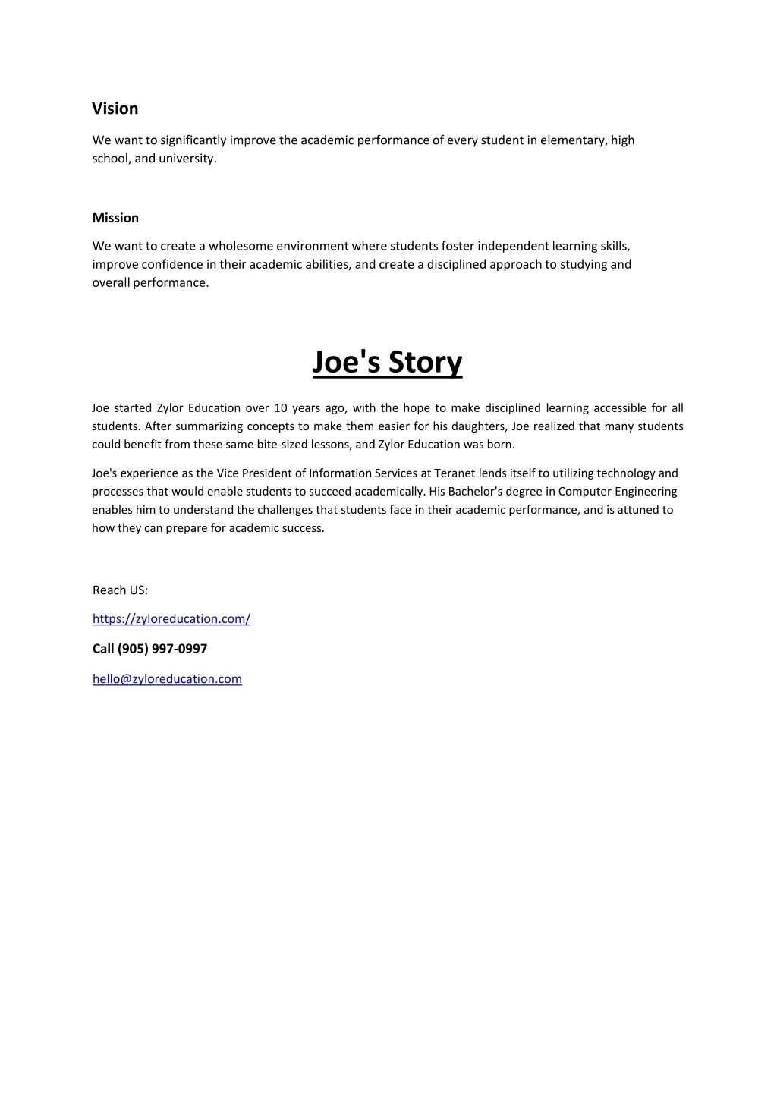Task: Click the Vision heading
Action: [115, 109]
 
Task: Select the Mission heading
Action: [115, 218]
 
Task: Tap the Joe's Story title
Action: [387, 362]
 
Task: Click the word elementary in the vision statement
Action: [574, 140]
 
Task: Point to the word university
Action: [187, 159]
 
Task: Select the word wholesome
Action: [241, 246]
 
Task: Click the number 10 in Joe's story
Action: [281, 408]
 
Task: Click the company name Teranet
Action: [455, 473]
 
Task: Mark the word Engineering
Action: [646, 492]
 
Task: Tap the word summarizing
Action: [209, 426]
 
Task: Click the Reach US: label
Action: [120, 590]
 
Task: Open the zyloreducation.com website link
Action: [171, 619]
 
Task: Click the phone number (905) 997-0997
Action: [162, 649]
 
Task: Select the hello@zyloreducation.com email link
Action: [167, 679]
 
